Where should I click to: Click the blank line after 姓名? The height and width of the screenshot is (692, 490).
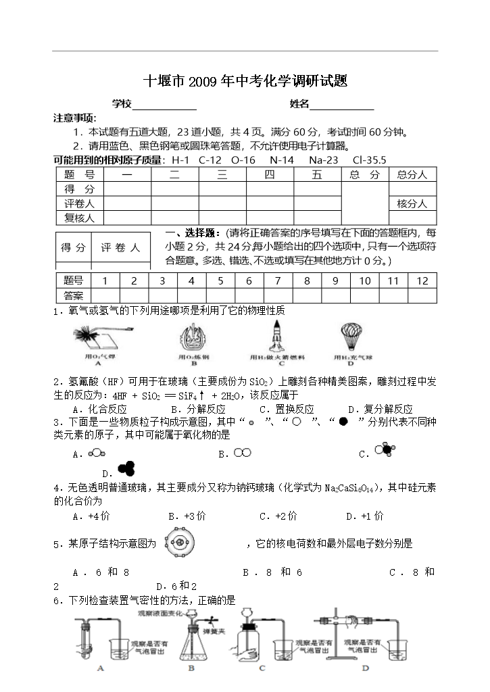click(x=341, y=105)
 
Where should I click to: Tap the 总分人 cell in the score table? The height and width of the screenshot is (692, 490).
click(x=412, y=175)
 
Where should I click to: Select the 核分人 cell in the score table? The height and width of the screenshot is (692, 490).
click(x=412, y=203)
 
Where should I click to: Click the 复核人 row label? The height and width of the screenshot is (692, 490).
click(x=79, y=218)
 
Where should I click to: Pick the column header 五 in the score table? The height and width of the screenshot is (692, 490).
click(x=317, y=175)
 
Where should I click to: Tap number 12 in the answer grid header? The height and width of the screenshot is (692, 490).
click(x=422, y=281)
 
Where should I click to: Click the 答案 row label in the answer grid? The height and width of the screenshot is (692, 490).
click(x=73, y=295)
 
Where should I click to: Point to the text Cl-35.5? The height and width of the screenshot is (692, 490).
click(x=369, y=160)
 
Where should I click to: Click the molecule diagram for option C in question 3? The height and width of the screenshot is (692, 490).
click(x=386, y=451)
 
